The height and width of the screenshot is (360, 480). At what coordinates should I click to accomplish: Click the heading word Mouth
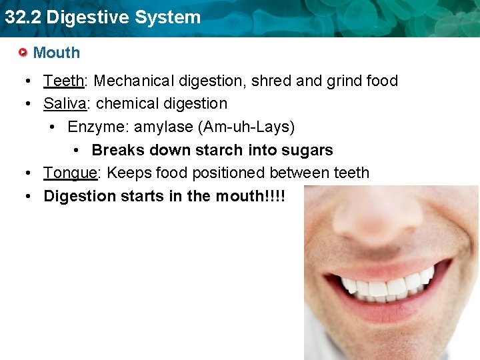tap(56, 53)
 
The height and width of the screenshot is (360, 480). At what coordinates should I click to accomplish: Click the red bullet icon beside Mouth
tap(23, 52)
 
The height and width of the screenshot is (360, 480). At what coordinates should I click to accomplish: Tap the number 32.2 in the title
tap(22, 17)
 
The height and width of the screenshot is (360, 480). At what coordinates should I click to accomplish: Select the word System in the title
tap(171, 17)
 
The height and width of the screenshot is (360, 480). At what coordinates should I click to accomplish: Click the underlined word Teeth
tap(63, 81)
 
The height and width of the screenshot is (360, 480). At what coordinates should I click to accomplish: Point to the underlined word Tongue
tap(71, 173)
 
